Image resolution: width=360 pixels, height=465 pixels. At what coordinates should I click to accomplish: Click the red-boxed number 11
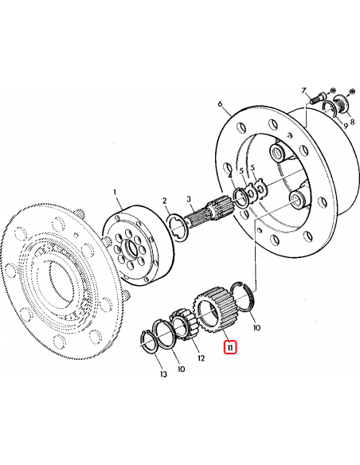point(230,347)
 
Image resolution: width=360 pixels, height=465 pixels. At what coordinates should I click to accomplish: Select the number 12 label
point(201,358)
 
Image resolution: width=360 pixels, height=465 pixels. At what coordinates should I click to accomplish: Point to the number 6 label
point(219,105)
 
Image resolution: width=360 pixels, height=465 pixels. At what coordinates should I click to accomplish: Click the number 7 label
point(303,92)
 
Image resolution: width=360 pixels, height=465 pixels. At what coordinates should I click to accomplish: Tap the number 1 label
point(115,192)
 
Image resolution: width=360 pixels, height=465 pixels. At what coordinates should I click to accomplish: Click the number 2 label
point(164,201)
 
